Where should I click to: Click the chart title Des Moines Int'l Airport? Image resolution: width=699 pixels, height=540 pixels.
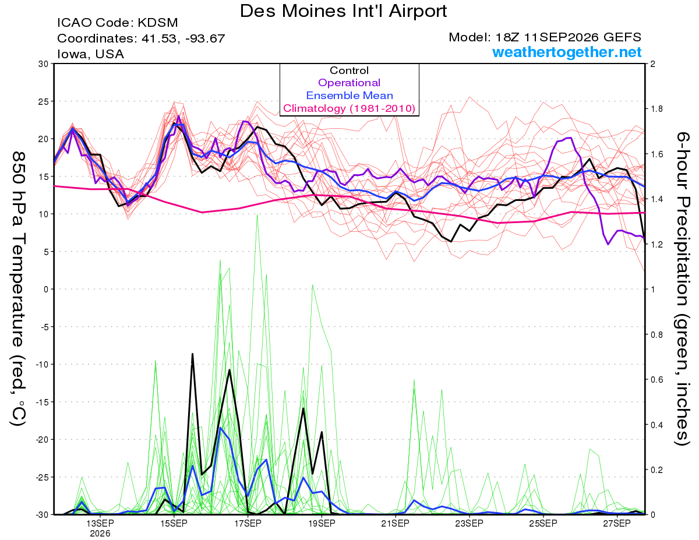pos(343,11)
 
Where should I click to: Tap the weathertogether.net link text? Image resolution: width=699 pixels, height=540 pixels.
pos(567,52)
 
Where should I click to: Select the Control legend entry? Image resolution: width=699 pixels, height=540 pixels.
pos(349,70)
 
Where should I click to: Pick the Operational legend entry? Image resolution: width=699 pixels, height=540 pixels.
pos(349,83)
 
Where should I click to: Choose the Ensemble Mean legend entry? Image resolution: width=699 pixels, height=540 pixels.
pos(349,96)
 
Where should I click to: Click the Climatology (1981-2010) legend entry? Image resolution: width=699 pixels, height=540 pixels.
pos(349,108)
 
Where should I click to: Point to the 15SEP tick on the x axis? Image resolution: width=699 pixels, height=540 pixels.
pos(174,524)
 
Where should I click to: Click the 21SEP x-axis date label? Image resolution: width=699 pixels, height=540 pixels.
pos(396,524)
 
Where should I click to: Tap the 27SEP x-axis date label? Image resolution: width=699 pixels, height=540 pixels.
pos(617,524)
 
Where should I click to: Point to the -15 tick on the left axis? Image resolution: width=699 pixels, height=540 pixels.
pos(41,402)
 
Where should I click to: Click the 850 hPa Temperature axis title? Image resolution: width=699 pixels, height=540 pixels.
pos(18,288)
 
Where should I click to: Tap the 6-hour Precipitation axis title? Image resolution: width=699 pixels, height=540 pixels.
pos(682,288)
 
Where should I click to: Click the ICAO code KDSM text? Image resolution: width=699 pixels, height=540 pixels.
pos(118,23)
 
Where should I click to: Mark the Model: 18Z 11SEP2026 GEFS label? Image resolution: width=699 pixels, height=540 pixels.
pos(545,37)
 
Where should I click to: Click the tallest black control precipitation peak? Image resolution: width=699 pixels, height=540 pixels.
pos(192,354)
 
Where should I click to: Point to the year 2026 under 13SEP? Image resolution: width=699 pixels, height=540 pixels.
pos(100,534)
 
